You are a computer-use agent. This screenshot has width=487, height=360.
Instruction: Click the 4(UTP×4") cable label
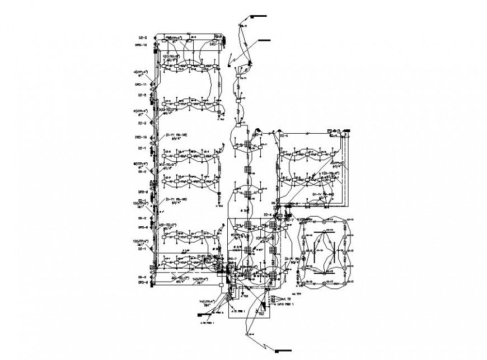pyautogui.click(x=141, y=73)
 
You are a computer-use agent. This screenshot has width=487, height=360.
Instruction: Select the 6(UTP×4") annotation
pyautogui.click(x=141, y=111)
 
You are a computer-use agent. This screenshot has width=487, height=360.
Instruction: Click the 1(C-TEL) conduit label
pyautogui.click(x=171, y=57)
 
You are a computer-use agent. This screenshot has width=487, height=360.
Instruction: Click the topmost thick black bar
pyautogui.click(x=259, y=17)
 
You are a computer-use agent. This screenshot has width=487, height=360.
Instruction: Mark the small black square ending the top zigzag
pyautogui.click(x=229, y=67)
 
